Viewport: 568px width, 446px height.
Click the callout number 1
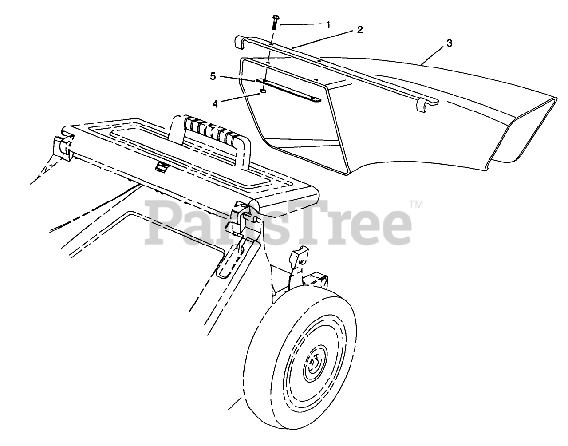click(x=328, y=24)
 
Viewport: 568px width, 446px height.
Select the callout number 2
click(x=359, y=30)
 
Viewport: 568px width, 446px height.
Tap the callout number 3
click(x=449, y=43)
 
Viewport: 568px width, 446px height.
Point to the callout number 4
click(x=215, y=104)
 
